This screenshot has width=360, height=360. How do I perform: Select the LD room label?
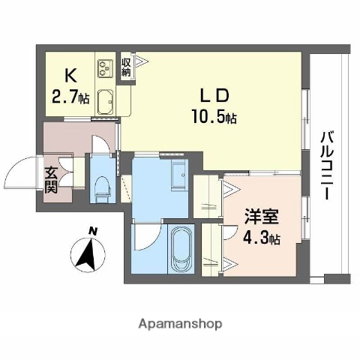point(212,97)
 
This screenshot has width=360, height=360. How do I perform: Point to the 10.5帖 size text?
point(213,117)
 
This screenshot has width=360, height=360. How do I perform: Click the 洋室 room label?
point(261,219)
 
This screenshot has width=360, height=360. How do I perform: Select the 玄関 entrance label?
point(50,179)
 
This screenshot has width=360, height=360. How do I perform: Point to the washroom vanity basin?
point(178,175)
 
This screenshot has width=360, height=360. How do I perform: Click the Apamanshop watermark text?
point(179,325)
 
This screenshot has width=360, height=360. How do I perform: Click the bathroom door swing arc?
point(145,240)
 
